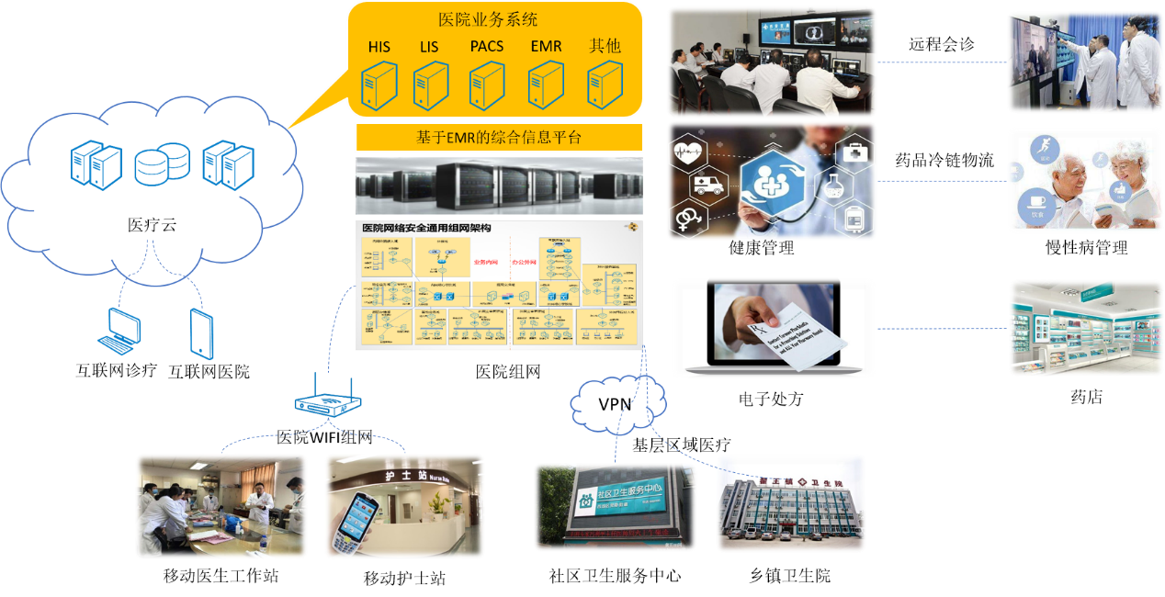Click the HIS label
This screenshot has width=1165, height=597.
pos(379,47)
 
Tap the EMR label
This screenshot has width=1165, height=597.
pos(546,47)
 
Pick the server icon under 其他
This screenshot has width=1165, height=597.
pos(605,84)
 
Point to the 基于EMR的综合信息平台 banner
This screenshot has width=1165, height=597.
pos(498,138)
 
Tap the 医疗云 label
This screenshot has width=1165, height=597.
pos(153,223)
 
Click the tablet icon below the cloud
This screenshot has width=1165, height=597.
pos(202,333)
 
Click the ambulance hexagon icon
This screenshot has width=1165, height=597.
pos(705,185)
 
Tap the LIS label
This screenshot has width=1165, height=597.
pos(429,47)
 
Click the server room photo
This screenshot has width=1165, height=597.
pos(498,186)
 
